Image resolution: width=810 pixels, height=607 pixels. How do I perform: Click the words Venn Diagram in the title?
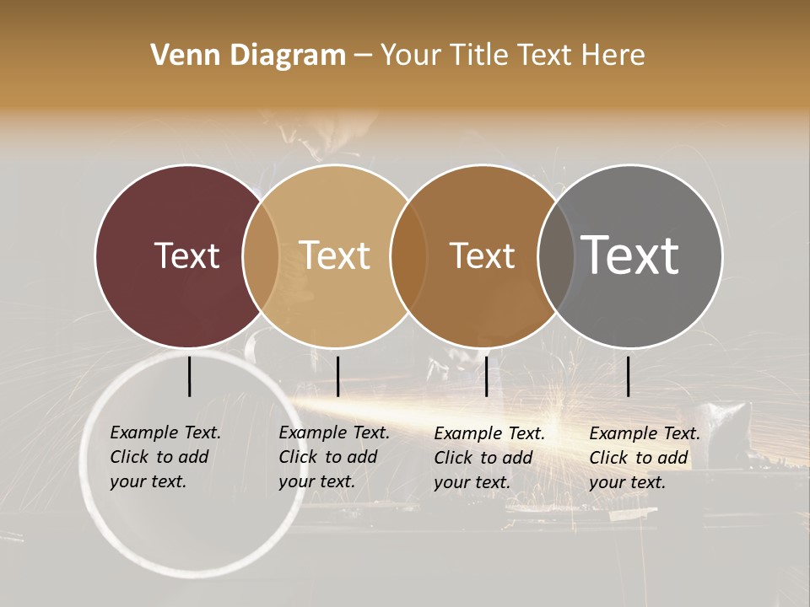click(248, 56)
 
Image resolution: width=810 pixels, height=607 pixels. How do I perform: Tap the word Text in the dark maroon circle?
click(186, 255)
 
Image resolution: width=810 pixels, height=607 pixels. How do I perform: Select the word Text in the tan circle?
click(335, 255)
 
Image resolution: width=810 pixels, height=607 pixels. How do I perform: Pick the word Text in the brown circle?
click(482, 255)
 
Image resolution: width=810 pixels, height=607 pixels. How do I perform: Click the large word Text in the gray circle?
click(630, 255)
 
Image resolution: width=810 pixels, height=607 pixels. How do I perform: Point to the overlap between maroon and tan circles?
click(261, 255)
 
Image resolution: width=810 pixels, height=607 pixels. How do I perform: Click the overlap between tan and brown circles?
click(408, 255)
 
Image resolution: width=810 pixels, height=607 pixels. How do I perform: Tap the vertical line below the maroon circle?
click(190, 376)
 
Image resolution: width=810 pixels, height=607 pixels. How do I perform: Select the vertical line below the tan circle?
click(337, 376)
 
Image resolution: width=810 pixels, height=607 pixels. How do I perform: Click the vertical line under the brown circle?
click(486, 376)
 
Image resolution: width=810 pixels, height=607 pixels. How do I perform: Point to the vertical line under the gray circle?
click(629, 376)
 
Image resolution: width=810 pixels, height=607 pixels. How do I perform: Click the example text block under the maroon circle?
click(165, 457)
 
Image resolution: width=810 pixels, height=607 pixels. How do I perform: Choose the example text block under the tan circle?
click(333, 457)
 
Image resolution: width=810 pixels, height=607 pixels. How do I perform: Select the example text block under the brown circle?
click(489, 458)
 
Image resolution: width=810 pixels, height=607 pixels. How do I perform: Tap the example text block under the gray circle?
click(644, 458)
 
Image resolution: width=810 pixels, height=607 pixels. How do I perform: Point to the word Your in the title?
click(410, 56)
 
